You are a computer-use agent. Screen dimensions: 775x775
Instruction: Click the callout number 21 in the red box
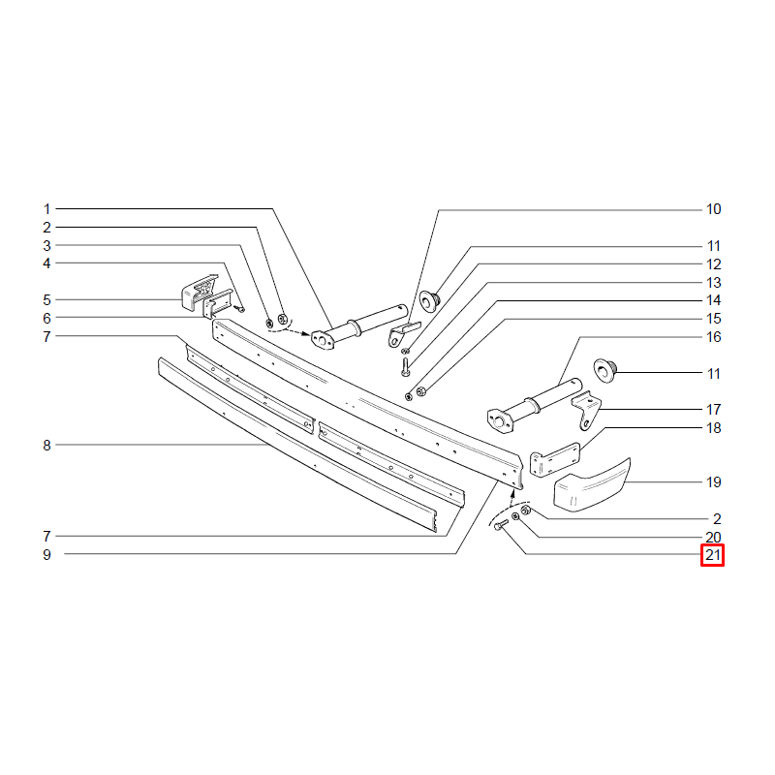(712, 555)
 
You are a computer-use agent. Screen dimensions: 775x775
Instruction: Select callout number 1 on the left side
(46, 209)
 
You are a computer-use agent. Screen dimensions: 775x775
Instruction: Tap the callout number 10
(713, 209)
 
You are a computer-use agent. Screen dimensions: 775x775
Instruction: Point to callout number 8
(46, 446)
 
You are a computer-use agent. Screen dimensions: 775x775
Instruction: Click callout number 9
(46, 554)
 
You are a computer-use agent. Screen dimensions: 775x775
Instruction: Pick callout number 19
(713, 481)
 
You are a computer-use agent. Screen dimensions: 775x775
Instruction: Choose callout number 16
(713, 337)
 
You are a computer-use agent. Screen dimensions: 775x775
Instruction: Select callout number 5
(46, 300)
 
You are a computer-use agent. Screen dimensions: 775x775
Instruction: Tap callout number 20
(713, 537)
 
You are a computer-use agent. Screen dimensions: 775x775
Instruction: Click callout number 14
(713, 300)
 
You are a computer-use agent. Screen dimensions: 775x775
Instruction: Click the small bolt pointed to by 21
(501, 525)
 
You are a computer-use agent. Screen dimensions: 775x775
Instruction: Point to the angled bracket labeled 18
(554, 459)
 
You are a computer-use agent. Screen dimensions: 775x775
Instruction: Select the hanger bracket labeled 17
(587, 410)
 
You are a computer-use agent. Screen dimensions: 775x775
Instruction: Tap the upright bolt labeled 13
(406, 367)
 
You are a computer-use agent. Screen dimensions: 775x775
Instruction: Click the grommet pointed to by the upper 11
(429, 301)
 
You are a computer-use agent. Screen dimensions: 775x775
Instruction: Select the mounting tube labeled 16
(535, 405)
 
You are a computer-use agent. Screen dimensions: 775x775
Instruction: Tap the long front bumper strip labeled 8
(296, 444)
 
